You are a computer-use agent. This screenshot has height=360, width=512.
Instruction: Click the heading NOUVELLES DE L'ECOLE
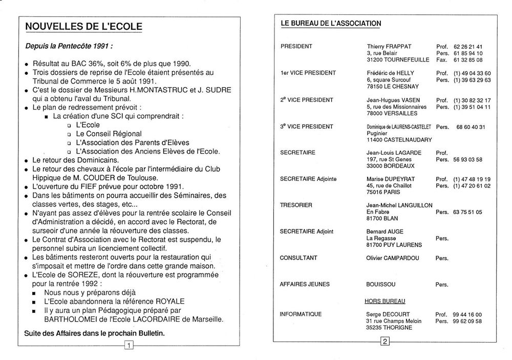[84, 26]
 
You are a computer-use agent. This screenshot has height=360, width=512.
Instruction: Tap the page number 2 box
[385, 341]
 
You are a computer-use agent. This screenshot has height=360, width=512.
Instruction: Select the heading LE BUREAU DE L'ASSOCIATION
[331, 24]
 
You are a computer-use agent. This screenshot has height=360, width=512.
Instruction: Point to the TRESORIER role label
[296, 205]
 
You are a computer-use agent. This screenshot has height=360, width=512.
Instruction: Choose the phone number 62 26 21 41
[468, 46]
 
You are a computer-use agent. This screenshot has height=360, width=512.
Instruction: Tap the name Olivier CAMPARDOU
[393, 258]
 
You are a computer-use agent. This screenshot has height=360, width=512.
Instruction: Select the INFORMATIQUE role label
[301, 314]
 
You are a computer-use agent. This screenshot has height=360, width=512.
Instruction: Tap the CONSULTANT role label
[298, 258]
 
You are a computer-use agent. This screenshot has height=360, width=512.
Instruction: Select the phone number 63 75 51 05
[468, 211]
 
